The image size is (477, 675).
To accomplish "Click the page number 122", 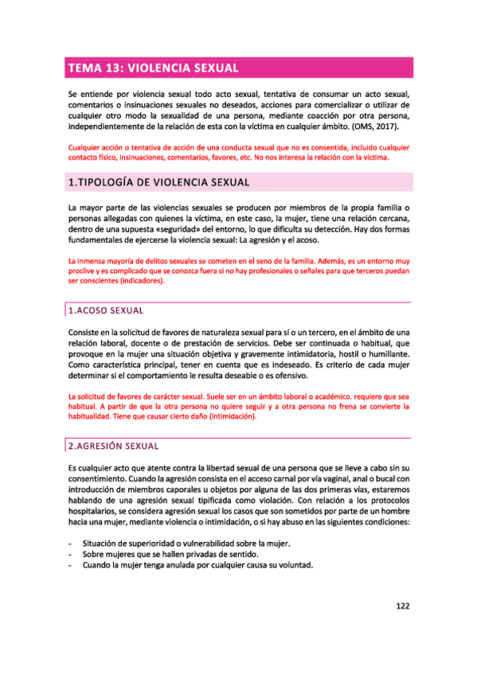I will [402, 606].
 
